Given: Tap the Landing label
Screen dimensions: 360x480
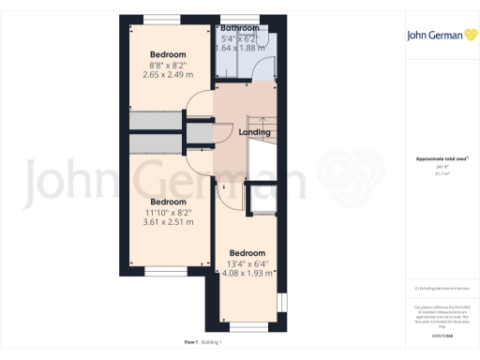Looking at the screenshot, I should click(255, 132).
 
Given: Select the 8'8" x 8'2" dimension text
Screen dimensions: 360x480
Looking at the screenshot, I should click(169, 66).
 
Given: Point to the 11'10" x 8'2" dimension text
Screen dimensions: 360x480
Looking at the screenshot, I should click(169, 213).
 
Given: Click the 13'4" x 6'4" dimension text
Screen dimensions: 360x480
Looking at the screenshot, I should click(247, 263).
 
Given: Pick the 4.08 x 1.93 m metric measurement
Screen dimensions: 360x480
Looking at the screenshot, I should click(247, 274).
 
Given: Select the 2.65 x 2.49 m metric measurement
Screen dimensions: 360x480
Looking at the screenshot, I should click(169, 76).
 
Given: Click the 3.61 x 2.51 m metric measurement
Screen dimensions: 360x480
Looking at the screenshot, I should click(169, 223).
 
